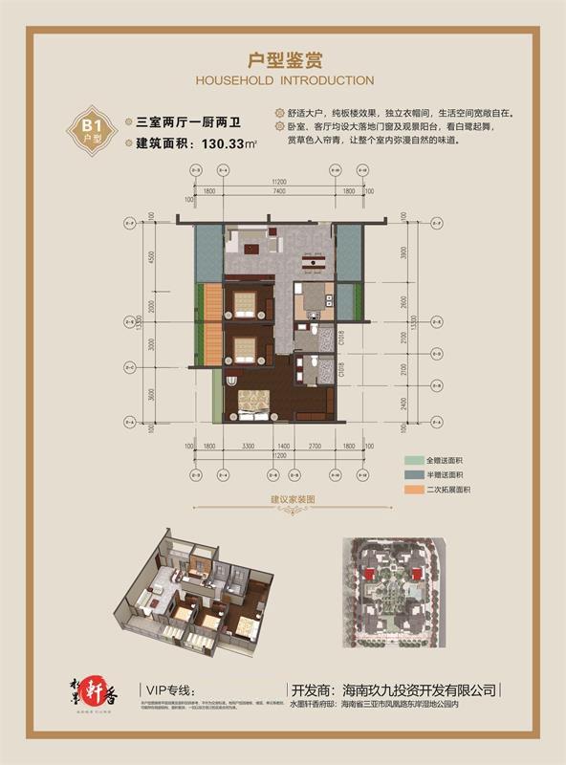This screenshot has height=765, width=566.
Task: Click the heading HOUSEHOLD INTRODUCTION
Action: coord(283,80)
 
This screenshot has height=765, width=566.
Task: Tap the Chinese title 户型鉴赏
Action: coord(282,59)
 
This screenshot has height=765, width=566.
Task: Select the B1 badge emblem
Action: coord(93,129)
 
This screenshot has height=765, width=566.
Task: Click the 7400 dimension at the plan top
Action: coord(278,192)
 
